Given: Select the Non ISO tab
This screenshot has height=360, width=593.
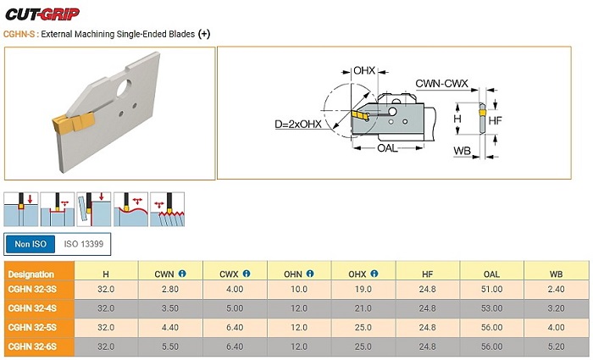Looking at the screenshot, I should tap(30, 244).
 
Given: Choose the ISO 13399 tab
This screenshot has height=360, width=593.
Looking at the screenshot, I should tap(84, 244).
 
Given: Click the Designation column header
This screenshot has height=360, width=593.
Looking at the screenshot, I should tap(32, 274).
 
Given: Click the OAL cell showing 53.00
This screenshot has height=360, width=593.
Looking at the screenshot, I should tap(491, 308).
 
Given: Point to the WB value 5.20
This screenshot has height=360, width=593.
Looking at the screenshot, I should tap(556, 346).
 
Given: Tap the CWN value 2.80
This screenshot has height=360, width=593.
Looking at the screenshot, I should tap(170, 290).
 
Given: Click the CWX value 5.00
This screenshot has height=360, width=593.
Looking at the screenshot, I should tap(235, 308).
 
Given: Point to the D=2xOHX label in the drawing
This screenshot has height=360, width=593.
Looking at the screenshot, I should tap(297, 125).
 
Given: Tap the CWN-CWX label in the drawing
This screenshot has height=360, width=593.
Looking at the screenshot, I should tap(442, 84).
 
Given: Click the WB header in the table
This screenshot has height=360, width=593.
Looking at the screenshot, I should tap(556, 274).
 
